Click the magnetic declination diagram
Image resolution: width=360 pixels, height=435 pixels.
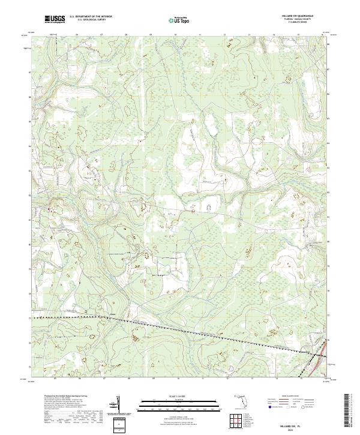[118, 406]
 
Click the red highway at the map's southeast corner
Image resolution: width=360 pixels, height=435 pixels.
[325, 353]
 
